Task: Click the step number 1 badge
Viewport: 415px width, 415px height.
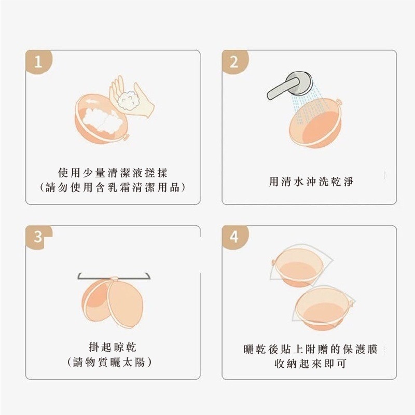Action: click(x=37, y=62)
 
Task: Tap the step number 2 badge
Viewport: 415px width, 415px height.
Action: click(x=234, y=62)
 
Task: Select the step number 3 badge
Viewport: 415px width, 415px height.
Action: click(x=37, y=238)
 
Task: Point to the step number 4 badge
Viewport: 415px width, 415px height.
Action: click(x=234, y=238)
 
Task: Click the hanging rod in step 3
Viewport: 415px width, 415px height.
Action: click(x=114, y=275)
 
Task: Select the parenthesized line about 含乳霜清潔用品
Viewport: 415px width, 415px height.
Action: click(x=113, y=188)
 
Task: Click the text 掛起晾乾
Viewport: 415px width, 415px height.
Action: click(x=113, y=347)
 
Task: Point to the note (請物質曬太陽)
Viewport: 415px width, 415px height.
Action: click(x=113, y=362)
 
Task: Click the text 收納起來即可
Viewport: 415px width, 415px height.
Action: click(x=310, y=363)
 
